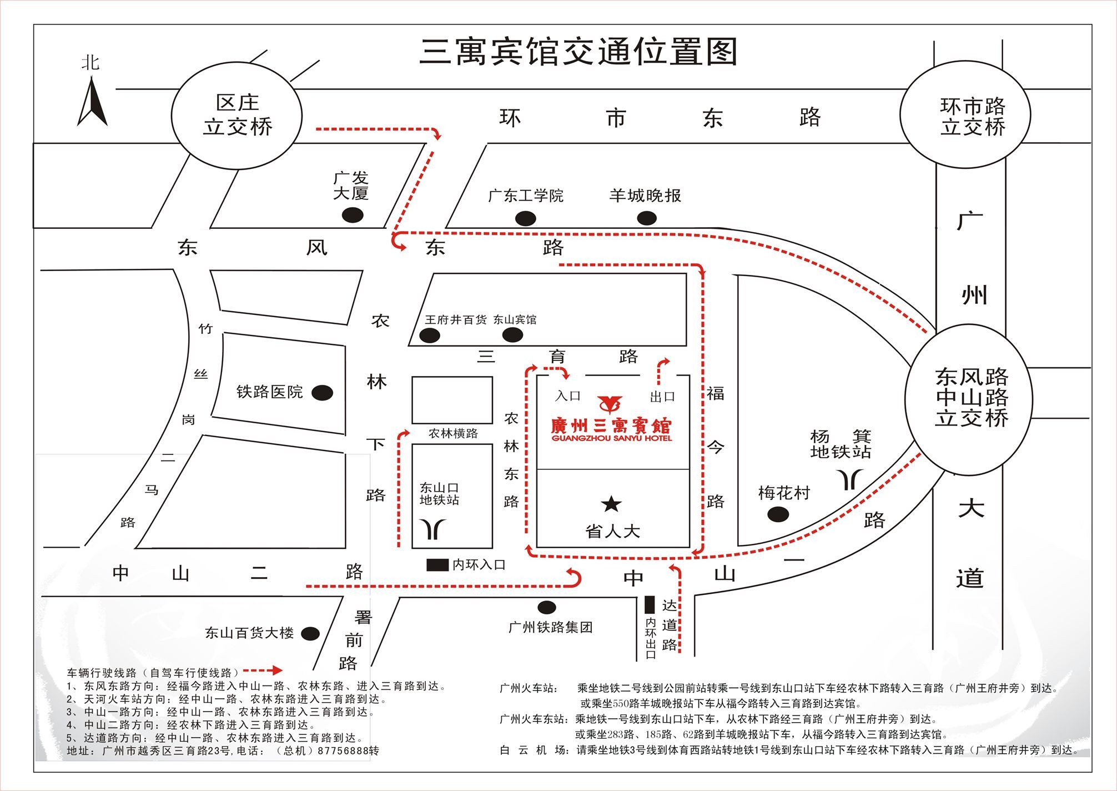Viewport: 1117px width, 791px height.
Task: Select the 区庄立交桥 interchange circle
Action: [x=237, y=116]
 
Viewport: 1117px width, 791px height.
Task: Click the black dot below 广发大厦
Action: [x=353, y=214]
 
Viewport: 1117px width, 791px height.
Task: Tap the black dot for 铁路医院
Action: [x=323, y=393]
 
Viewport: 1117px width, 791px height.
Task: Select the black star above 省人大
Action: [x=611, y=504]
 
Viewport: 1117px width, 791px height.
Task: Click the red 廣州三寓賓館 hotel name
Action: [x=611, y=427]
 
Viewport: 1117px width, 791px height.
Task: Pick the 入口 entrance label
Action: [x=567, y=396]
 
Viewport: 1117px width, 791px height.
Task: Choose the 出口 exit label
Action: [x=662, y=397]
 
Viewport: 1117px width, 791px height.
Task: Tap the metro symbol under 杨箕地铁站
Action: [x=850, y=479]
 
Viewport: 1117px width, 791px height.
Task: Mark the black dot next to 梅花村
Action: [x=778, y=514]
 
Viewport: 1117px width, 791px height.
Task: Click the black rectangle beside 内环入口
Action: [x=437, y=565]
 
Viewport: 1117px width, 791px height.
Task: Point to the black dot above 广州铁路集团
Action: [x=546, y=607]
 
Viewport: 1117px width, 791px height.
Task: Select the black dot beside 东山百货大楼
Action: [x=310, y=633]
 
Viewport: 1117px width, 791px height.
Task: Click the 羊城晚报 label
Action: [x=645, y=196]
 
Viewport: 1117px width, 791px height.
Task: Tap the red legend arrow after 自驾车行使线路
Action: [x=263, y=670]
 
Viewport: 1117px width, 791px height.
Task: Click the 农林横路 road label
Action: [x=453, y=433]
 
